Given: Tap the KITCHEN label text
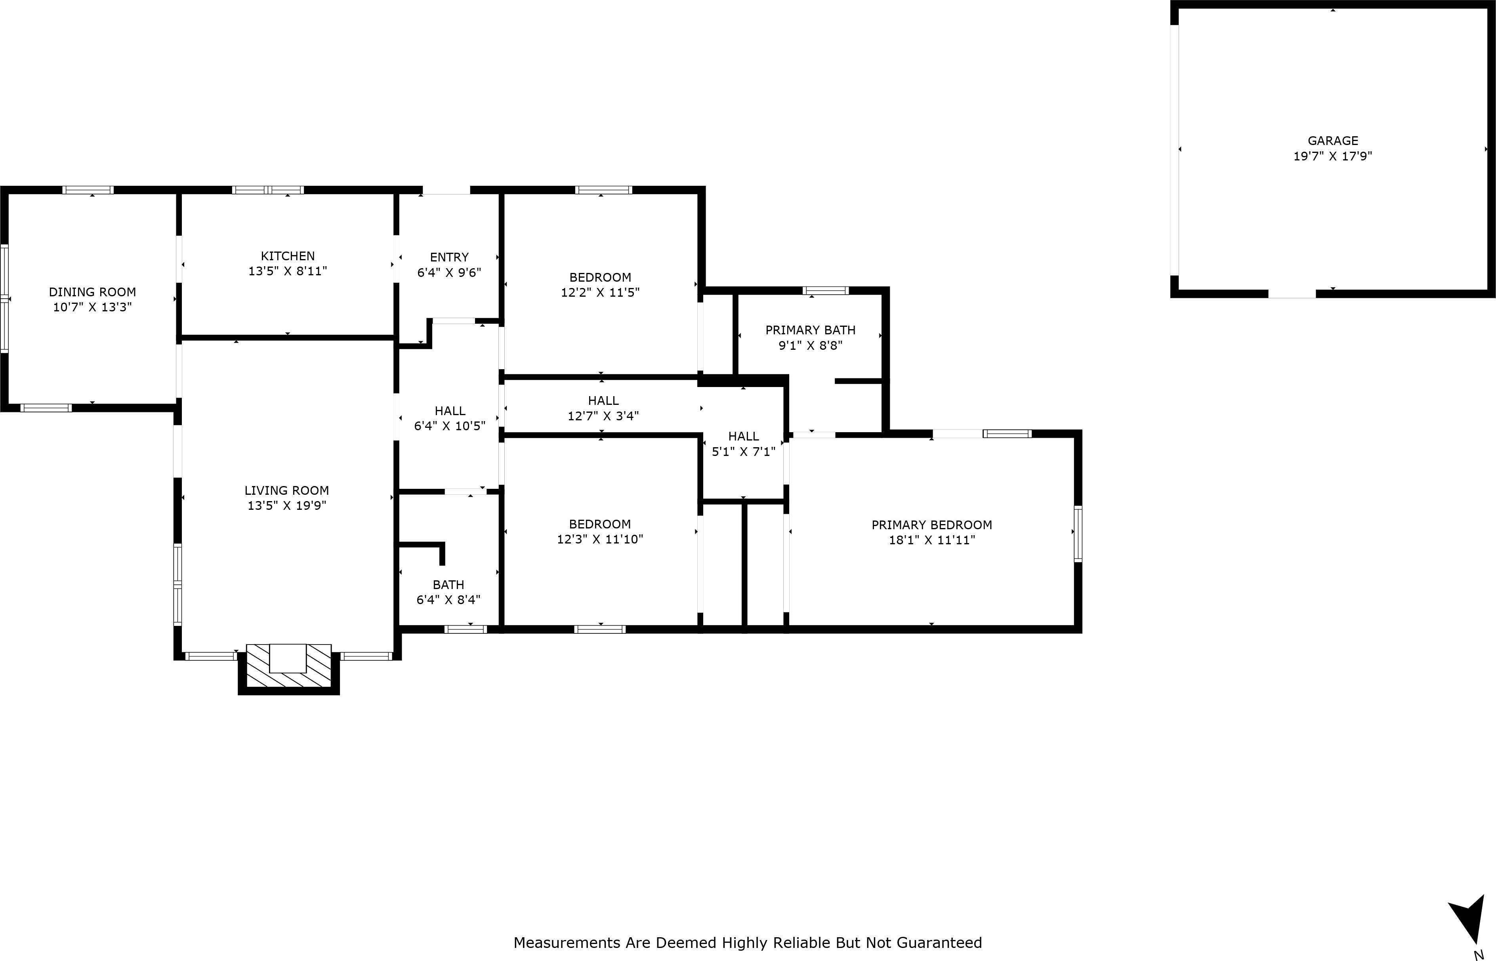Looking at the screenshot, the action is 288,256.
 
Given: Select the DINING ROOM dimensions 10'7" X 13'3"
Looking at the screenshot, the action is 92,307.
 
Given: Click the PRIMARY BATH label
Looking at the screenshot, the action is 810,330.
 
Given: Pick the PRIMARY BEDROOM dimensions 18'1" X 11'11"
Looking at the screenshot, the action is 932,540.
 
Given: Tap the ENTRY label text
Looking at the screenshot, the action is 449,257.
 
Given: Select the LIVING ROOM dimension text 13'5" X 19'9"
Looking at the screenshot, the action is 286,505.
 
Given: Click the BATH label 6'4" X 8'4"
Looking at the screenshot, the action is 448,592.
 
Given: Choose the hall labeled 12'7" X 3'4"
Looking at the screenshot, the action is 603,408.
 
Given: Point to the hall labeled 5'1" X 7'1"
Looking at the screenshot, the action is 743,444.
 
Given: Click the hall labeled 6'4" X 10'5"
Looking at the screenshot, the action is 449,418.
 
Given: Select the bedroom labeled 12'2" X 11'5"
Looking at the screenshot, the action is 600,284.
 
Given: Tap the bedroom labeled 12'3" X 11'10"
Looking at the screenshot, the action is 600,532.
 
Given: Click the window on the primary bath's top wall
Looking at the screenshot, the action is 825,290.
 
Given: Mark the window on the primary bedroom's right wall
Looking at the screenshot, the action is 1078,534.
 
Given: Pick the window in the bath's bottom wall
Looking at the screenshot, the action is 466,629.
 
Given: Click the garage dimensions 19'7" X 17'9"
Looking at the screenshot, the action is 1332,156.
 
